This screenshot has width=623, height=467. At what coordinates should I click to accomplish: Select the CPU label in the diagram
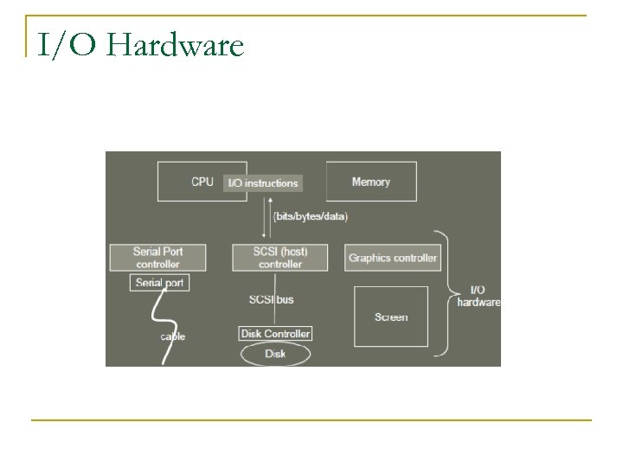click(202, 182)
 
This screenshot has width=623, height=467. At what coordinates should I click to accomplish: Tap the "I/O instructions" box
click(263, 182)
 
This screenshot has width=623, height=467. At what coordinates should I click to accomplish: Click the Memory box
click(371, 182)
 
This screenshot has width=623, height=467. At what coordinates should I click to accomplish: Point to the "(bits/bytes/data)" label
click(310, 216)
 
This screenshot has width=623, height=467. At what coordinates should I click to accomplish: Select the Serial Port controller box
click(158, 257)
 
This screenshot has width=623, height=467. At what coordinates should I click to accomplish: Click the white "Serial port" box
click(160, 283)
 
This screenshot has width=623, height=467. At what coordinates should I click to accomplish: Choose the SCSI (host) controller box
click(280, 257)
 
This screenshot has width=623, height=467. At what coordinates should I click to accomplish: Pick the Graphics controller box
click(393, 257)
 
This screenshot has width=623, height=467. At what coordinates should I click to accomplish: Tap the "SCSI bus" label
click(271, 299)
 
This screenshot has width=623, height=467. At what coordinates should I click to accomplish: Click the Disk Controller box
click(275, 334)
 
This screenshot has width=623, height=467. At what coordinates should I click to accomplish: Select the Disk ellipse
click(275, 353)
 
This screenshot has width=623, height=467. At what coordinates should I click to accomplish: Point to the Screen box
click(391, 317)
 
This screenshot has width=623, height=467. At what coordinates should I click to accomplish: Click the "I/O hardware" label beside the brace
click(478, 296)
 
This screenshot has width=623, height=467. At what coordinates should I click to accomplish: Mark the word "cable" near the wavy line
click(173, 336)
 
